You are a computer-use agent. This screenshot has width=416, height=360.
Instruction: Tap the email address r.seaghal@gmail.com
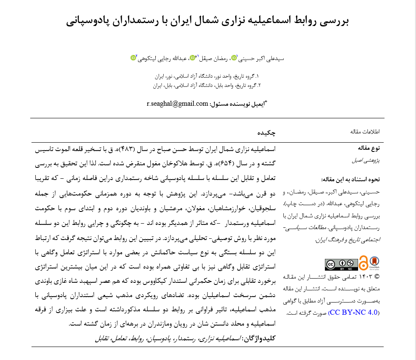[x=178, y=104]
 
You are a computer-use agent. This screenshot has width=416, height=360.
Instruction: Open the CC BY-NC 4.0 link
[x=354, y=313]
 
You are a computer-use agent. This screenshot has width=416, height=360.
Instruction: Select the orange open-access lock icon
[x=363, y=263]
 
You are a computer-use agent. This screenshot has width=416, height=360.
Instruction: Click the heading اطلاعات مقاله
[x=365, y=132]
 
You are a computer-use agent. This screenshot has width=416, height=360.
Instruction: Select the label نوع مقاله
[x=369, y=148]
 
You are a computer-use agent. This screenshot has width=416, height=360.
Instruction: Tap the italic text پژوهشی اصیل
[x=366, y=160]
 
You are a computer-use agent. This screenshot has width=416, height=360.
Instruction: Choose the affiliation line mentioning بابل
[x=206, y=86]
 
